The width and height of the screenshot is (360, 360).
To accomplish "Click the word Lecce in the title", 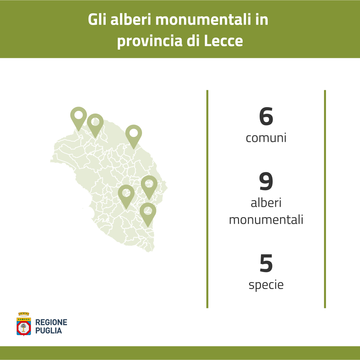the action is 223,41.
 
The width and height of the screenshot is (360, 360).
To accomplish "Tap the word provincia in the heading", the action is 150,42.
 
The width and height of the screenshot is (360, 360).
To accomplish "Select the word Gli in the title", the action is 97,19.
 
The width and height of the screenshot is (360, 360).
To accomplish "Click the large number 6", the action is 266,117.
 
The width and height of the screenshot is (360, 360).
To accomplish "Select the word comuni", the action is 266,138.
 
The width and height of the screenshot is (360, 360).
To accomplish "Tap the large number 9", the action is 266,181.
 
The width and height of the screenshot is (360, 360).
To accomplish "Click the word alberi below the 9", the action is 266,203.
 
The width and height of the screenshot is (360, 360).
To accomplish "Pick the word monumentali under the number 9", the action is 266,220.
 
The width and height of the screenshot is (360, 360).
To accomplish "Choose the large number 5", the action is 266,263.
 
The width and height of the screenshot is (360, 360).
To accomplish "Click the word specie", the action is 266,285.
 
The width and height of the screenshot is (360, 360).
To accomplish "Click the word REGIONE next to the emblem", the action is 51,322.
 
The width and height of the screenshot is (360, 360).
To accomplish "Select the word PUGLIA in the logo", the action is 48,331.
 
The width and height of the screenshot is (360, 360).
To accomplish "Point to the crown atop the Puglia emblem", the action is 24,314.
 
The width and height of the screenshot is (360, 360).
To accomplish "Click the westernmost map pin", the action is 79,118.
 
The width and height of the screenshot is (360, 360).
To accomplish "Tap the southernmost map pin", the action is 148,213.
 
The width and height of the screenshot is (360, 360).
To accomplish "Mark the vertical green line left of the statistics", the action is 207,199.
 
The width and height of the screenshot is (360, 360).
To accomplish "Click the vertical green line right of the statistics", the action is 325,199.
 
